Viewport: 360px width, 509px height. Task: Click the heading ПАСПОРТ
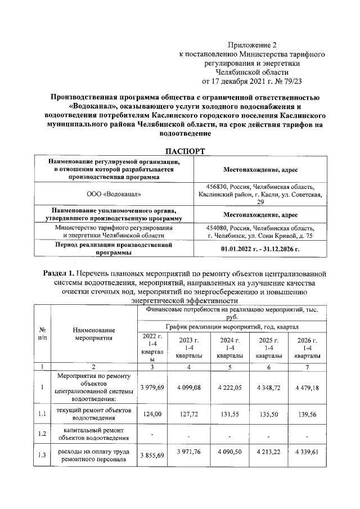coord(184,151)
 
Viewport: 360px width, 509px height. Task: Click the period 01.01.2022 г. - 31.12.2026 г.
coord(260,248)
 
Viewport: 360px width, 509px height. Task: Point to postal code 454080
coord(222,228)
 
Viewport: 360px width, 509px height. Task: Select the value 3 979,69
coord(152,387)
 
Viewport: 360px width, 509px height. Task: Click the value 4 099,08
coord(188,387)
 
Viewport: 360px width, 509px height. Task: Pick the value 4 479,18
coord(306,387)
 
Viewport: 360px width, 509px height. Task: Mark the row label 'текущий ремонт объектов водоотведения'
coord(94,415)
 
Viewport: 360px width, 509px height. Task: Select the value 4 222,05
coord(227,387)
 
